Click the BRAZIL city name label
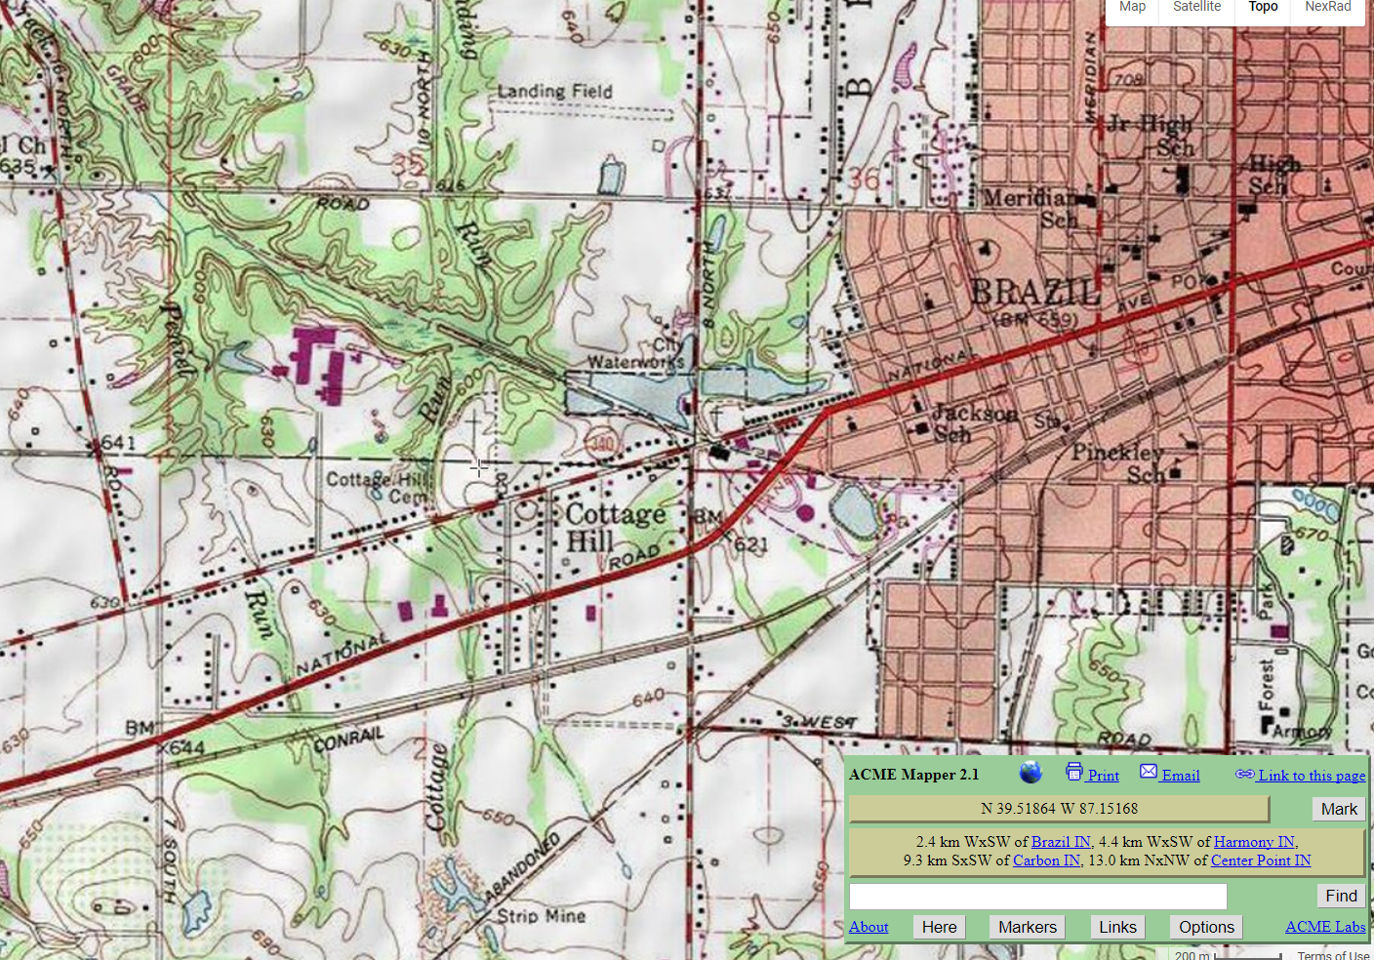point(1035,292)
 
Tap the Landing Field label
point(554,92)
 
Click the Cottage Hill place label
point(615,527)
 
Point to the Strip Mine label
point(541,916)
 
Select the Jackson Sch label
point(971,423)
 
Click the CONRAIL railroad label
point(348,740)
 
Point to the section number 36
point(864,180)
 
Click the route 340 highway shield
point(602,445)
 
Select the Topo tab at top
point(1263,7)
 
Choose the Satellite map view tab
point(1196,7)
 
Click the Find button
point(1340,896)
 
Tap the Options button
point(1206,927)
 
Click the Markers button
point(1027,927)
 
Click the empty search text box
point(1037,896)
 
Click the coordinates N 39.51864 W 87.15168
point(1059,809)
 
